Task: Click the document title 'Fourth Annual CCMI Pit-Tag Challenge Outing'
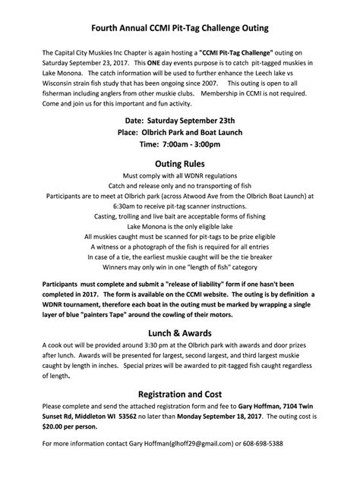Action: click(x=180, y=28)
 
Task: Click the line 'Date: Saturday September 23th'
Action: click(x=180, y=120)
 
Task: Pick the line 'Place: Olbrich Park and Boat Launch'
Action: click(x=180, y=132)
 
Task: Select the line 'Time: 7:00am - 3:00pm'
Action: click(x=180, y=144)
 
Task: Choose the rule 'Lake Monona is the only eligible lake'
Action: click(x=180, y=227)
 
